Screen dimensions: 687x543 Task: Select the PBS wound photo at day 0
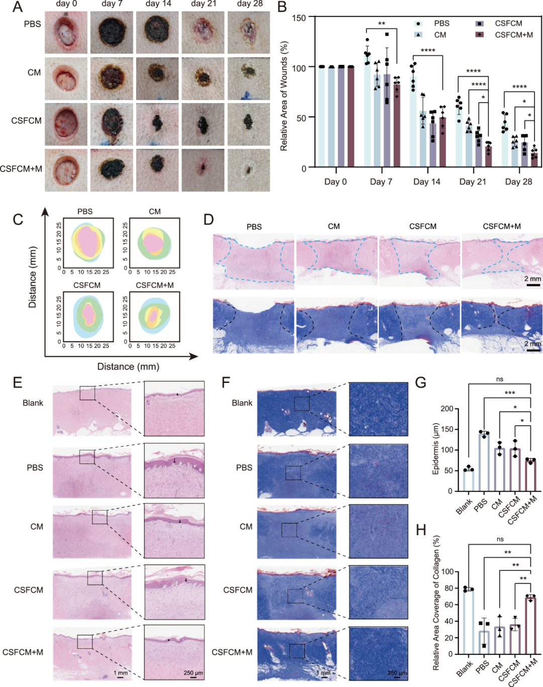(x=66, y=32)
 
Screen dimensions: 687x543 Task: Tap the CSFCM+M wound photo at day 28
(x=248, y=170)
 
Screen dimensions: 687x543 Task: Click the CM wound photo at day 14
(x=157, y=78)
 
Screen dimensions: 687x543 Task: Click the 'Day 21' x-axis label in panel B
(x=473, y=181)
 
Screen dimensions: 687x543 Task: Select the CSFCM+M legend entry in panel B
(x=514, y=35)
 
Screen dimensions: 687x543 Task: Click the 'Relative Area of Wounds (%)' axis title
(x=285, y=96)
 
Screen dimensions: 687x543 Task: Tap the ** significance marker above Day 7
(x=382, y=24)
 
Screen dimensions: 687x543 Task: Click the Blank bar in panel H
(x=469, y=621)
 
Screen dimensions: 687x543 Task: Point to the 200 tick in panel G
(x=446, y=409)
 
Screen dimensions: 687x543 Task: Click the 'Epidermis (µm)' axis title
(x=435, y=449)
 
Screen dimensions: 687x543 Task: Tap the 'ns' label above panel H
(x=500, y=539)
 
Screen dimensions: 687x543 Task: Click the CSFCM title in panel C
(x=87, y=285)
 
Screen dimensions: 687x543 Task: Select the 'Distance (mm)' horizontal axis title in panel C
(x=128, y=366)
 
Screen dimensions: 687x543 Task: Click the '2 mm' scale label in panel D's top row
(x=533, y=278)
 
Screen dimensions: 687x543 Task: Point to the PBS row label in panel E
(x=35, y=467)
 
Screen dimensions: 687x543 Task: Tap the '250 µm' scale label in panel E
(x=194, y=672)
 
